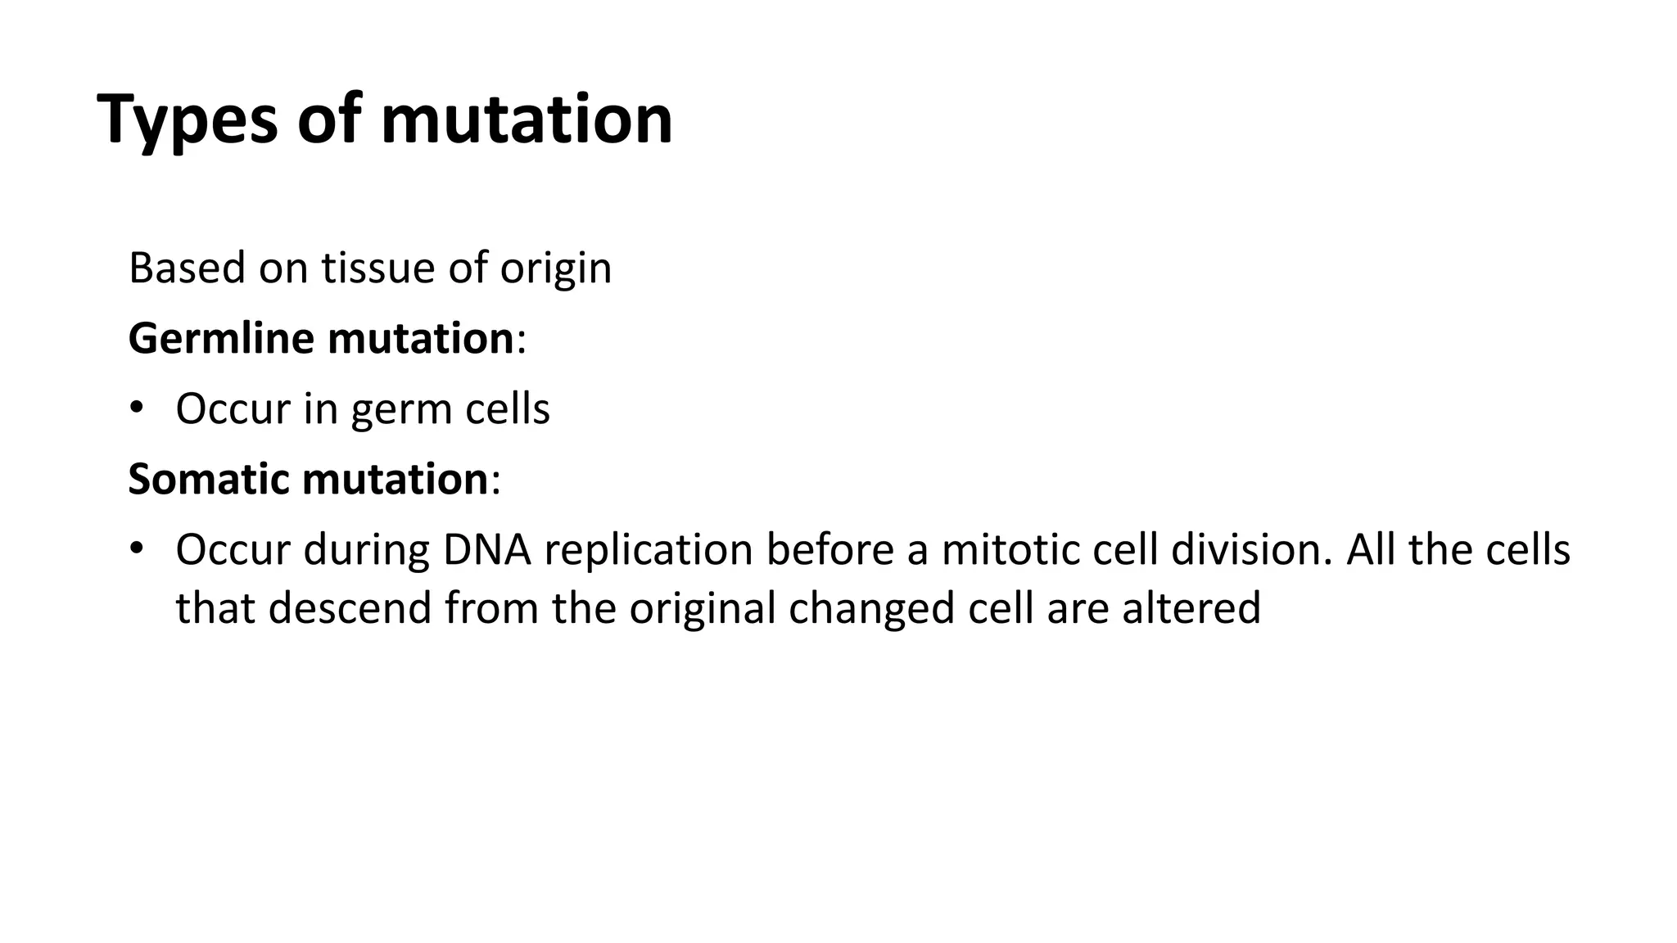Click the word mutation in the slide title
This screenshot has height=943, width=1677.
527,120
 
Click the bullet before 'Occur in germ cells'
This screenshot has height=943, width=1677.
137,408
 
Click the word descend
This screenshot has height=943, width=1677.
350,608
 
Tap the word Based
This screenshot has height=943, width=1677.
187,268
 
